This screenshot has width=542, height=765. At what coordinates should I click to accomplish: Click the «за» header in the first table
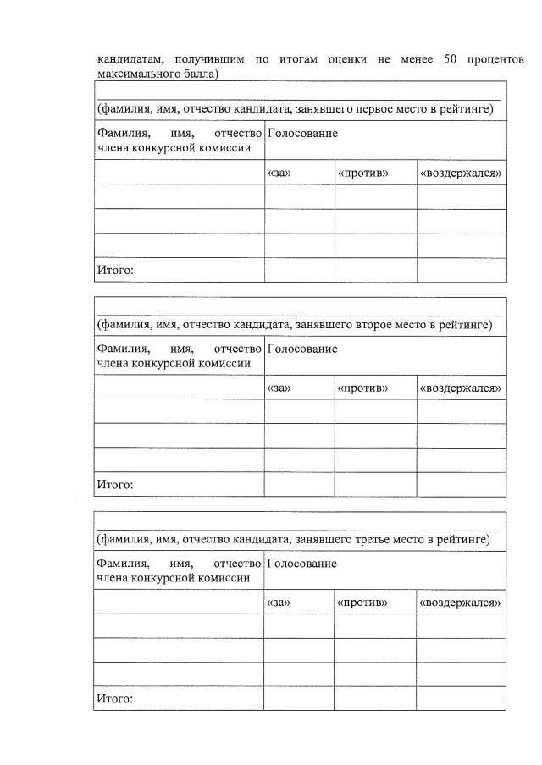(279, 173)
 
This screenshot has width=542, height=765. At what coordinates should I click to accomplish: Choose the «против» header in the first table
(362, 173)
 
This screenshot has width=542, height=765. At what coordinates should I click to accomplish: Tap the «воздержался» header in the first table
(461, 173)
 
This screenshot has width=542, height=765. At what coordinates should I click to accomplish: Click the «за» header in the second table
(279, 388)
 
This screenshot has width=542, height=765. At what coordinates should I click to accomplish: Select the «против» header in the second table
(362, 388)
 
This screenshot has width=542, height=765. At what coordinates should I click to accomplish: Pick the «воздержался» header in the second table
(461, 388)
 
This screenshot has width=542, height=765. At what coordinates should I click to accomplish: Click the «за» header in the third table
(279, 603)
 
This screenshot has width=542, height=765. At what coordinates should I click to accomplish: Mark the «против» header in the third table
(362, 603)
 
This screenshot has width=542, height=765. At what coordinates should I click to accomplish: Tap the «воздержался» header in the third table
(461, 603)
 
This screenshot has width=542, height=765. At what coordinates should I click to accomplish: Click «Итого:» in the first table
(115, 271)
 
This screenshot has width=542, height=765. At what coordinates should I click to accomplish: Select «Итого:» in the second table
(115, 486)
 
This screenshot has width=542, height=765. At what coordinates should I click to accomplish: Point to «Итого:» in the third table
(115, 700)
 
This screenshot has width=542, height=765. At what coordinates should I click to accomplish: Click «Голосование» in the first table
(302, 134)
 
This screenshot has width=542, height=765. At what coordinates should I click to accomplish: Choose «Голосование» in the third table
(302, 564)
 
